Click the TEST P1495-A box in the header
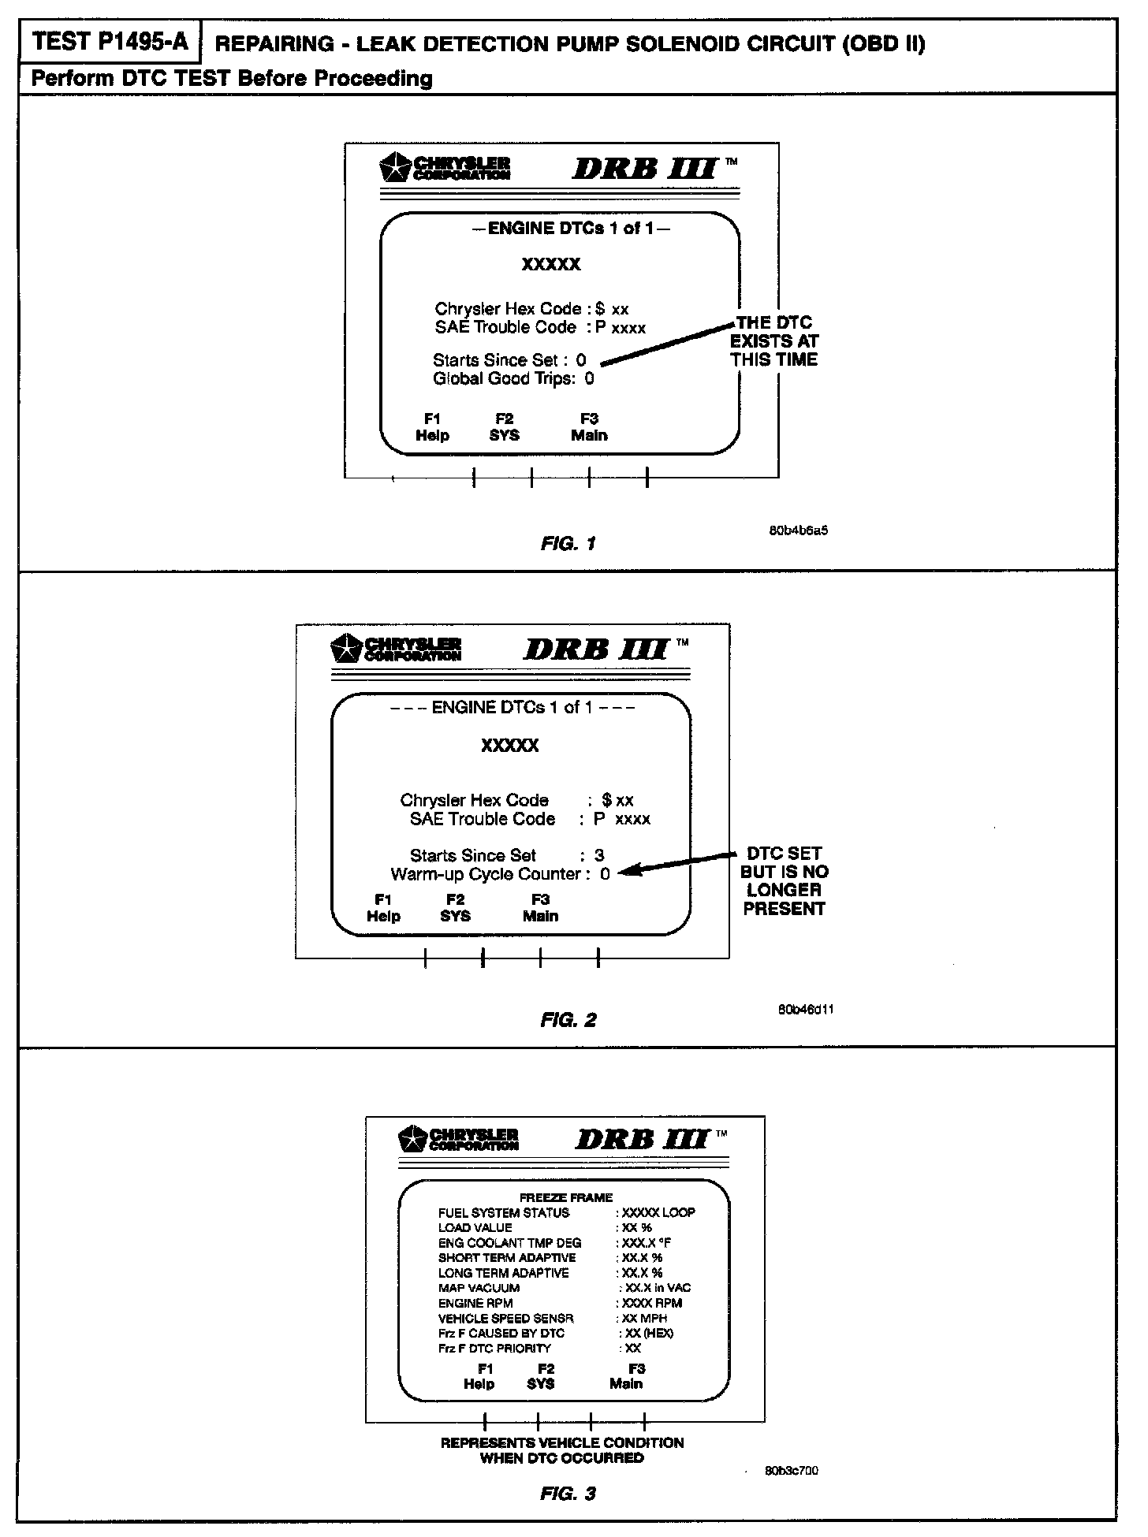click(x=110, y=42)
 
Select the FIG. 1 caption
click(x=568, y=543)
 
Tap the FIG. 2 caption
click(x=568, y=1020)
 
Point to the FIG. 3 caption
click(x=568, y=1493)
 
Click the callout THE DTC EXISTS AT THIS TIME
click(x=774, y=341)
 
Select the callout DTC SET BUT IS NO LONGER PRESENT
click(x=784, y=880)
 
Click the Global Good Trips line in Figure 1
click(x=513, y=379)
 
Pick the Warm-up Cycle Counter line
click(x=500, y=874)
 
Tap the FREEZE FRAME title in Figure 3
click(x=565, y=1197)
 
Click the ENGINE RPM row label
click(x=475, y=1303)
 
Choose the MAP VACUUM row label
click(x=479, y=1288)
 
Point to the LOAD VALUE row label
click(x=475, y=1228)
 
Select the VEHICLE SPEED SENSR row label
click(x=505, y=1318)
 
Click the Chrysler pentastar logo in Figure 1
click(x=394, y=168)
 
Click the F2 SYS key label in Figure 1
click(x=504, y=427)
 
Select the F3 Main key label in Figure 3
click(x=627, y=1376)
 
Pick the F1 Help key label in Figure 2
click(x=383, y=908)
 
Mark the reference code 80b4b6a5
click(x=798, y=530)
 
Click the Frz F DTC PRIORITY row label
click(x=494, y=1348)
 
